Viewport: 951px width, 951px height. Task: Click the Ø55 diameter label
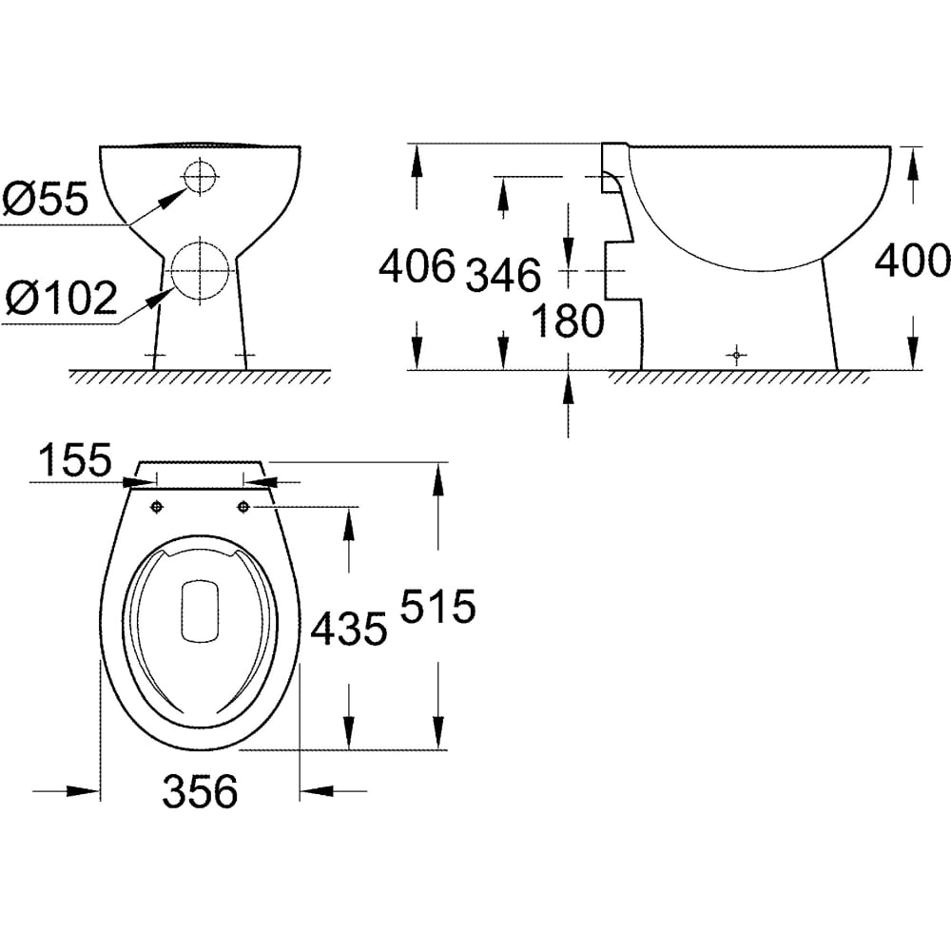click(x=46, y=198)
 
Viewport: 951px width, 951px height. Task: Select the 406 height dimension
click(x=417, y=265)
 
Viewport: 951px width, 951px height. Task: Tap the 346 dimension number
click(x=503, y=275)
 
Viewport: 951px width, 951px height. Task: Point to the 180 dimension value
click(x=568, y=320)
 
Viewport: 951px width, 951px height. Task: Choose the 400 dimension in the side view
click(x=913, y=261)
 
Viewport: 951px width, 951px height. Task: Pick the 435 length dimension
click(x=349, y=629)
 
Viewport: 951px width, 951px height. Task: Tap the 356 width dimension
click(x=200, y=791)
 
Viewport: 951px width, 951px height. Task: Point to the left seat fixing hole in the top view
click(x=157, y=507)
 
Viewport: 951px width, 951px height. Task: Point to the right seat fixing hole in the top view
click(x=243, y=506)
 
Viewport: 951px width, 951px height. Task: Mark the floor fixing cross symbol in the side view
click(x=736, y=355)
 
